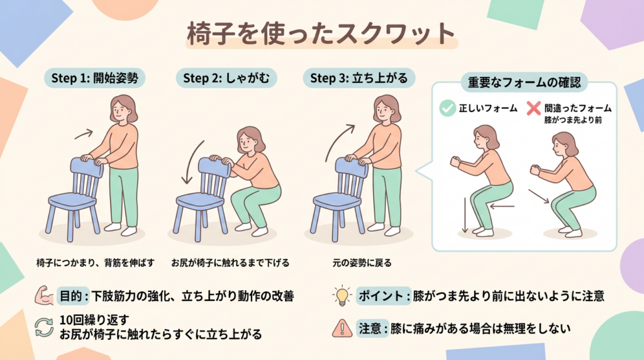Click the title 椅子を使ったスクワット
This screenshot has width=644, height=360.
[321, 33]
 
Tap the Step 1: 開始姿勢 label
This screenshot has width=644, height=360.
[94, 78]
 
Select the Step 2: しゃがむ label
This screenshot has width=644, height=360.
[226, 78]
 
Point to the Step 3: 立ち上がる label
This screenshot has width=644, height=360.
[359, 78]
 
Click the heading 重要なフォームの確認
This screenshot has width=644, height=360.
[524, 82]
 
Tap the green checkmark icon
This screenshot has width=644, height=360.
[447, 108]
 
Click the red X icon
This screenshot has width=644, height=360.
[533, 108]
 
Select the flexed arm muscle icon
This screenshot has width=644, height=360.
[44, 295]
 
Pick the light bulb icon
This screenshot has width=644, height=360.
[341, 295]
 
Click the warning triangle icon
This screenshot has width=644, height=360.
[341, 329]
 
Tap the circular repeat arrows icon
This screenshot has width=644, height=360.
[44, 327]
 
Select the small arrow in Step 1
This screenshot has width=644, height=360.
[84, 134]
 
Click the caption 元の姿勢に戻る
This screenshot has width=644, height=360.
[362, 263]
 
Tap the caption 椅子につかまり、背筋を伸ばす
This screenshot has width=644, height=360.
[96, 263]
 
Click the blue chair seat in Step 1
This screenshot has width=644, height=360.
[72, 201]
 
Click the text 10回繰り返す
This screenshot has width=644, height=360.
[94, 320]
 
